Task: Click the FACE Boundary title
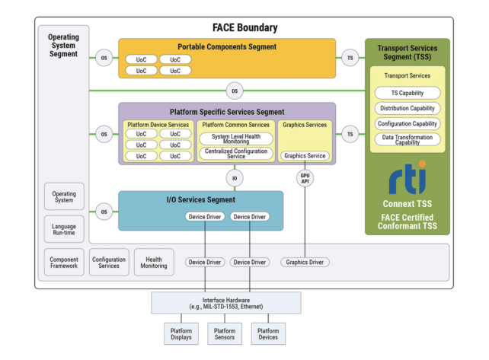tap(244, 28)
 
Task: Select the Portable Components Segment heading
tap(227, 46)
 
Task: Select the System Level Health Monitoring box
tap(235, 139)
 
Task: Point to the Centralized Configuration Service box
tap(235, 154)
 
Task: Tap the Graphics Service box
tap(305, 155)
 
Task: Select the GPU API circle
tap(305, 180)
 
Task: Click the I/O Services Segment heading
tap(200, 200)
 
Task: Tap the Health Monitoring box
tap(154, 262)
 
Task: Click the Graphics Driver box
tap(305, 263)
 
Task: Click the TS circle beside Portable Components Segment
tap(350, 57)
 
